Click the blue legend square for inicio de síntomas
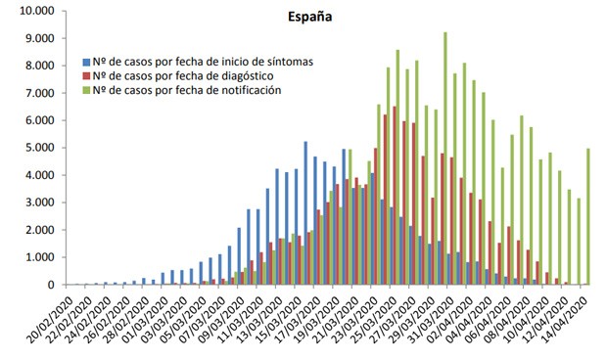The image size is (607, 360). [87, 61]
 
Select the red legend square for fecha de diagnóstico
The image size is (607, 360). [87, 75]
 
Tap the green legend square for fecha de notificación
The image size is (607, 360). [87, 90]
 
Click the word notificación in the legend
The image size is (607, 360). [248, 90]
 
